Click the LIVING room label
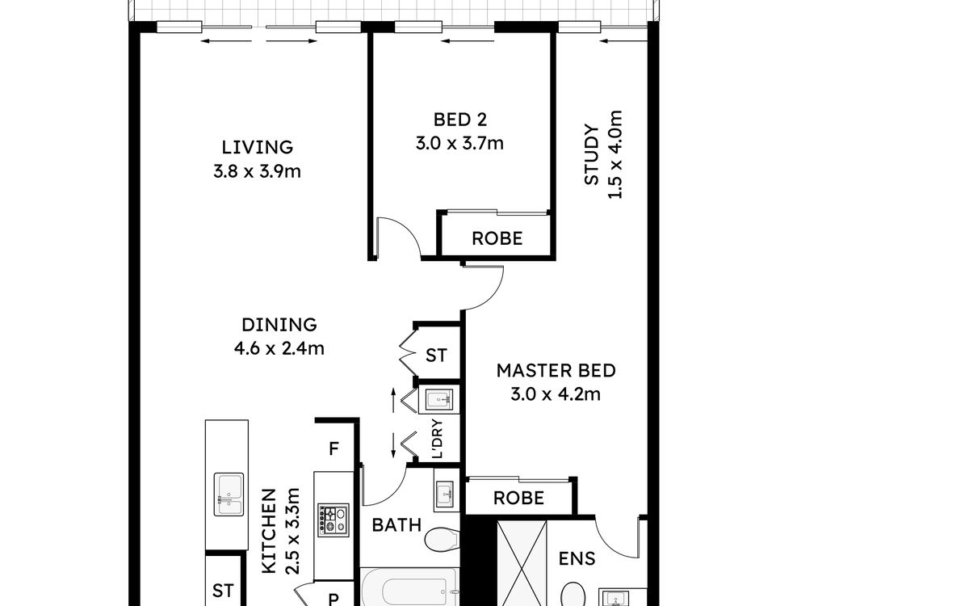(x=258, y=148)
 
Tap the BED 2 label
(x=459, y=120)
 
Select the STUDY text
(x=591, y=154)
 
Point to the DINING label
(x=279, y=325)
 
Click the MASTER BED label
(x=556, y=371)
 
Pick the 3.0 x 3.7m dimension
(x=459, y=143)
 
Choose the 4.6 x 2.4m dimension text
(x=279, y=348)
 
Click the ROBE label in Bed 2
(x=497, y=238)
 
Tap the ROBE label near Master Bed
(x=518, y=499)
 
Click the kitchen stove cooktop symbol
(x=333, y=520)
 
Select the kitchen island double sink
(x=229, y=494)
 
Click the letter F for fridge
(x=333, y=449)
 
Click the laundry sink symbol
(x=439, y=399)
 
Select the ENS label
(x=577, y=559)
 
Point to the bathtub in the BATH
(x=409, y=588)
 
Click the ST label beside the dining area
(x=435, y=356)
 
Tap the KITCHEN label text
(x=269, y=532)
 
